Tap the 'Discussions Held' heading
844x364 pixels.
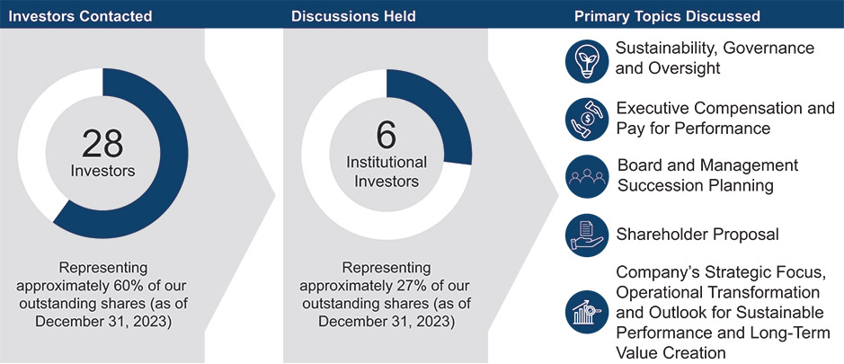345,15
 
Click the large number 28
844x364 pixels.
102,144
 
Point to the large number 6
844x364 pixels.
386,136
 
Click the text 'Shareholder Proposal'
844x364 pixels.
697,235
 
